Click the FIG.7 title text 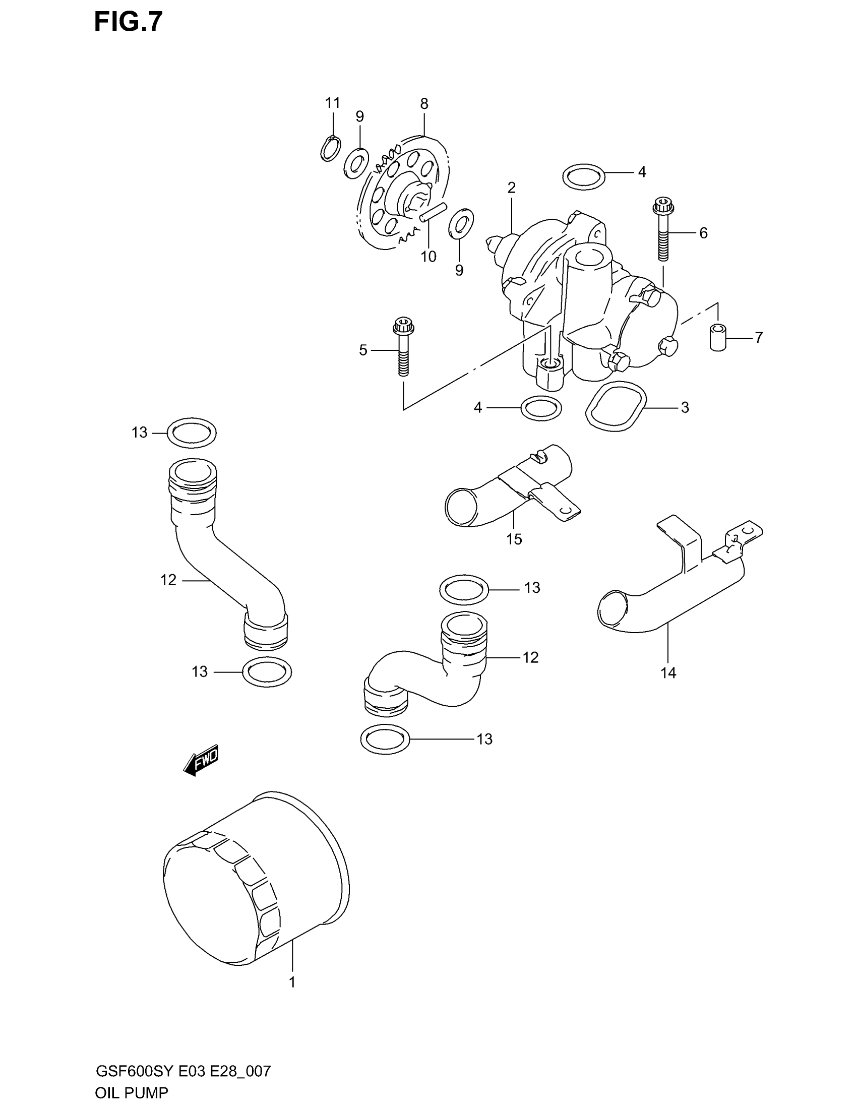128,23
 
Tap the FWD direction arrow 201,760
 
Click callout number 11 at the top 333,103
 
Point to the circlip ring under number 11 331,149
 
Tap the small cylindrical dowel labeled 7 717,337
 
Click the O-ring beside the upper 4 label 584,177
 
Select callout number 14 668,673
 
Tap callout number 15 514,539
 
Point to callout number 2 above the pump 511,188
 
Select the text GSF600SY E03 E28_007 183,1071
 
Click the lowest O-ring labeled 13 385,739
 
